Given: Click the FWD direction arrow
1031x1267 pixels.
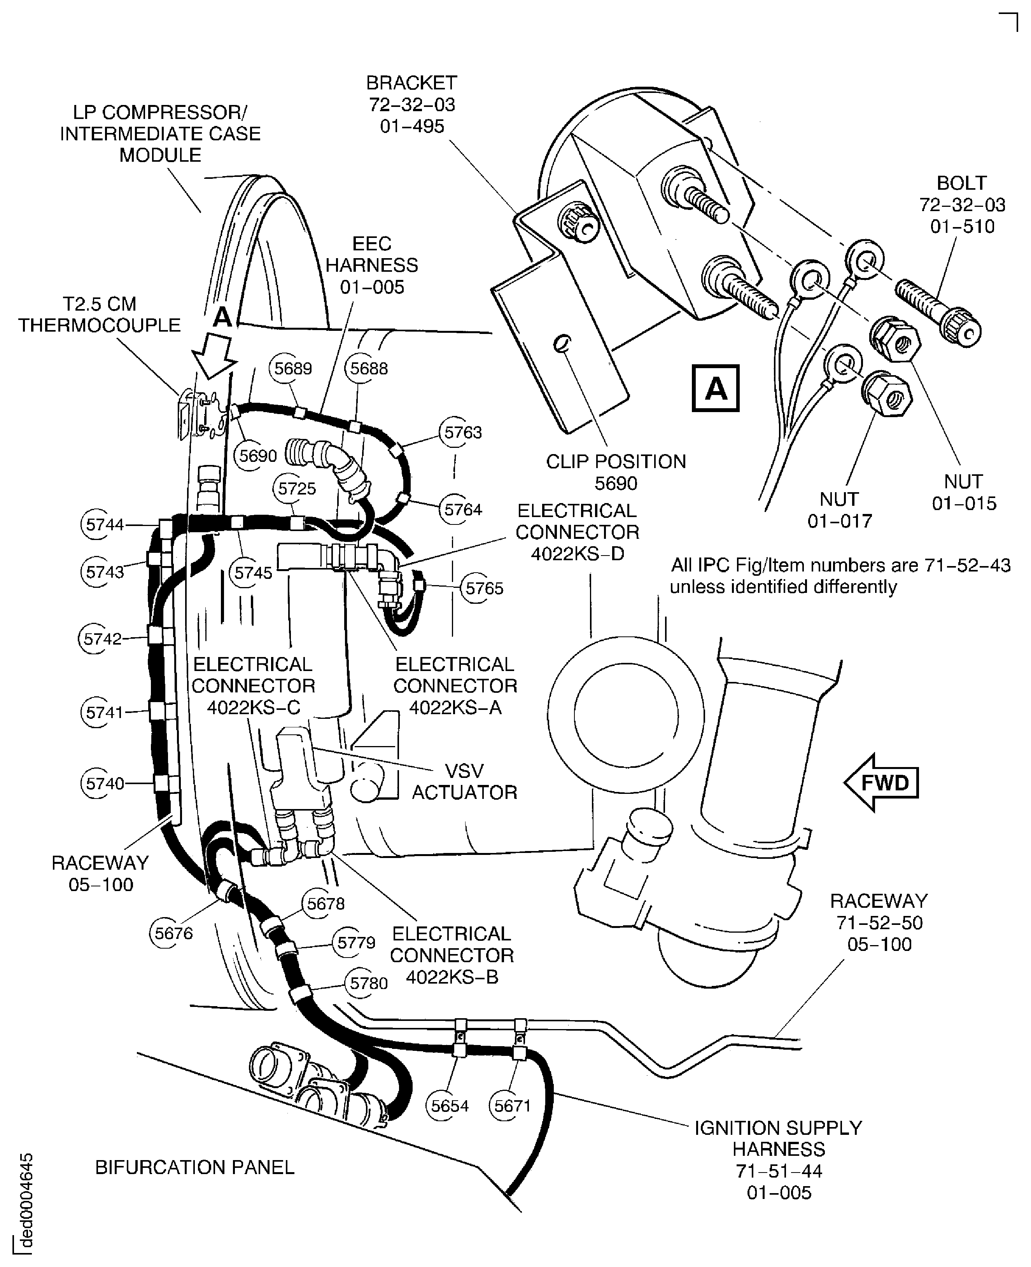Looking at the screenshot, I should (881, 783).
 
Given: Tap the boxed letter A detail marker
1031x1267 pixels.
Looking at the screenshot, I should (716, 389).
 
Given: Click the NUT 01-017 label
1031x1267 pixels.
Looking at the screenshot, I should (839, 510).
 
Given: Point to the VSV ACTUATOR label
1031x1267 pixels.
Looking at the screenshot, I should (464, 781).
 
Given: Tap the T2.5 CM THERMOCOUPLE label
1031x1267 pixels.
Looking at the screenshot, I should (99, 315).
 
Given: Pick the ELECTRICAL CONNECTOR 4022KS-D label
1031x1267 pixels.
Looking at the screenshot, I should (577, 532).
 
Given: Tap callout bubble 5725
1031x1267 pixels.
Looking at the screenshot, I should (297, 489).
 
